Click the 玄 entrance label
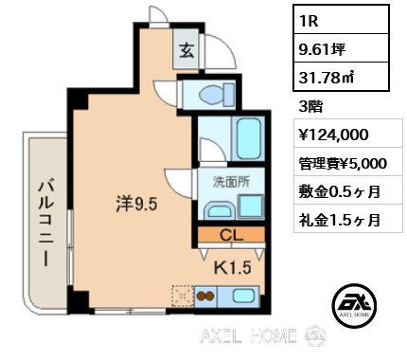[x=186, y=50]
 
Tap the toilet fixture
[x=217, y=93]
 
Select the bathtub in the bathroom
[x=249, y=139]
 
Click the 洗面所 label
[x=231, y=182]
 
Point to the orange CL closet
[x=231, y=235]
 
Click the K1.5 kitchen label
[x=233, y=268]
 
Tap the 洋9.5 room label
[x=136, y=204]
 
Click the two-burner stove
[x=205, y=297]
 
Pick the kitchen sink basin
[x=243, y=297]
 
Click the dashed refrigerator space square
[x=183, y=296]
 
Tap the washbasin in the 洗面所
[x=219, y=210]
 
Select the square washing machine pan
[x=251, y=207]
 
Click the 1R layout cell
[x=341, y=20]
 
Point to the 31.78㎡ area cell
[x=341, y=77]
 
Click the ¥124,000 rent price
[x=334, y=135]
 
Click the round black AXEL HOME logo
[x=354, y=305]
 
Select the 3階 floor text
[x=310, y=107]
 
